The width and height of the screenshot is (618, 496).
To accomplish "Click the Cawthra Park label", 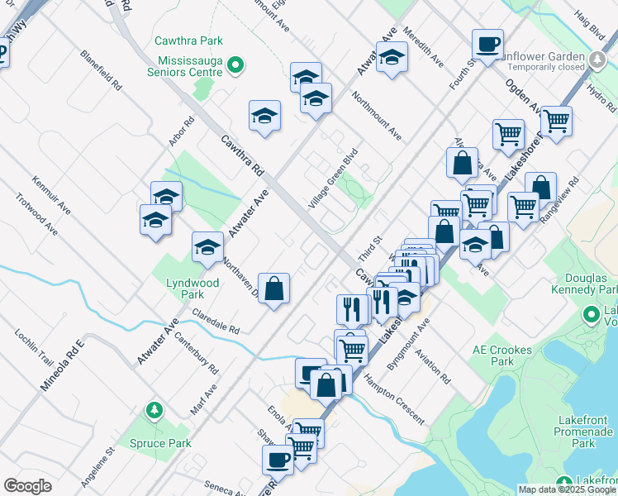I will point(188,41).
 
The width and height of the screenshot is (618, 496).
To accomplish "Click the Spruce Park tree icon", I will point(154,410).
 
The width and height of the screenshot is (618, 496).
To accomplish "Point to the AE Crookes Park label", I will point(502,355).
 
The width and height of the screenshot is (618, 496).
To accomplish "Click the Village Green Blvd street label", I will point(334,177).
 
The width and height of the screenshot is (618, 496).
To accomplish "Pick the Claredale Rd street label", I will point(216,321).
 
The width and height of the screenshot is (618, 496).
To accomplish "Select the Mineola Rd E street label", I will point(63,365).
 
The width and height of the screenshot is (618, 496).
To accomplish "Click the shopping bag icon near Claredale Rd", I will point(274,289).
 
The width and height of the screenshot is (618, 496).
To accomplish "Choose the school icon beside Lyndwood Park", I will point(208,246).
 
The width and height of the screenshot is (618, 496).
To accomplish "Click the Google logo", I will point(28,486).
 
